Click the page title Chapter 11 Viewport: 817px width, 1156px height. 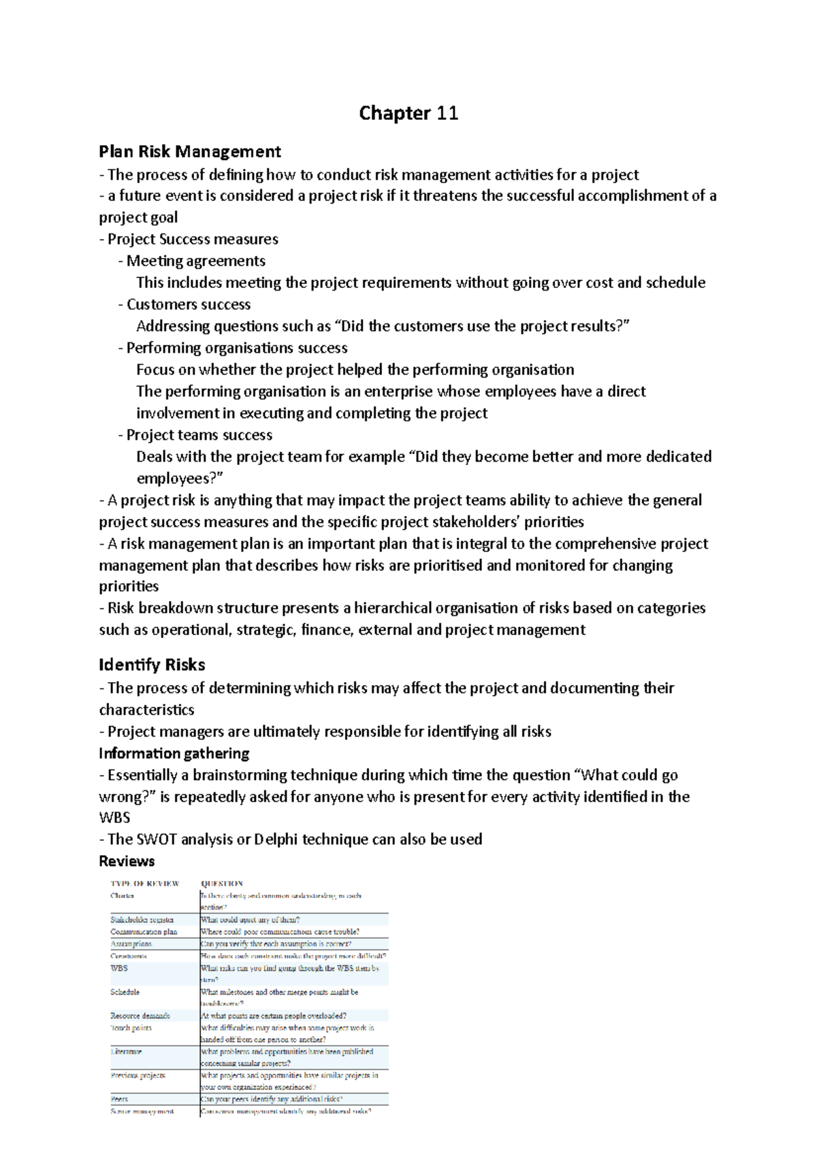[408, 113]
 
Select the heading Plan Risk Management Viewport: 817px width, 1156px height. [190, 151]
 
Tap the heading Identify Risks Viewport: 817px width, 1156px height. [152, 664]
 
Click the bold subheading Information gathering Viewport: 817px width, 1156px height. [174, 753]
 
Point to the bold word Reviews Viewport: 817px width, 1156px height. [127, 861]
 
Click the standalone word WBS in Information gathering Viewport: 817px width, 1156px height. [114, 818]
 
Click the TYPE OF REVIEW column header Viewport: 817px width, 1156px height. [144, 884]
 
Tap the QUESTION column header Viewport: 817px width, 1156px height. [222, 884]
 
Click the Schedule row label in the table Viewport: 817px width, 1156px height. [125, 992]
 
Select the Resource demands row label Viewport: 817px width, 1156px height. [140, 1016]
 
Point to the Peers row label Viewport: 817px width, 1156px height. [119, 1099]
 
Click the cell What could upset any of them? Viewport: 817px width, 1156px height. [250, 920]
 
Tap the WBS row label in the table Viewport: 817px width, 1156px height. [118, 968]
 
